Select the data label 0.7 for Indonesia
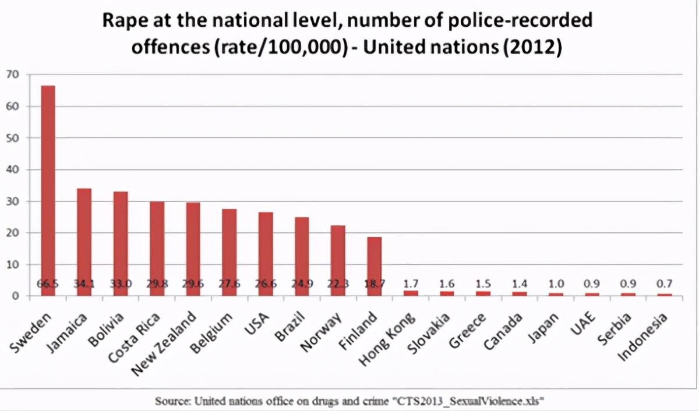pos(664,284)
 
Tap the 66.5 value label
pos(48,285)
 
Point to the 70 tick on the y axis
pos(12,75)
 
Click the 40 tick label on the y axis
pos(12,169)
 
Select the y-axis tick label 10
pos(12,264)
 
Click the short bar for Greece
pos(483,293)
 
